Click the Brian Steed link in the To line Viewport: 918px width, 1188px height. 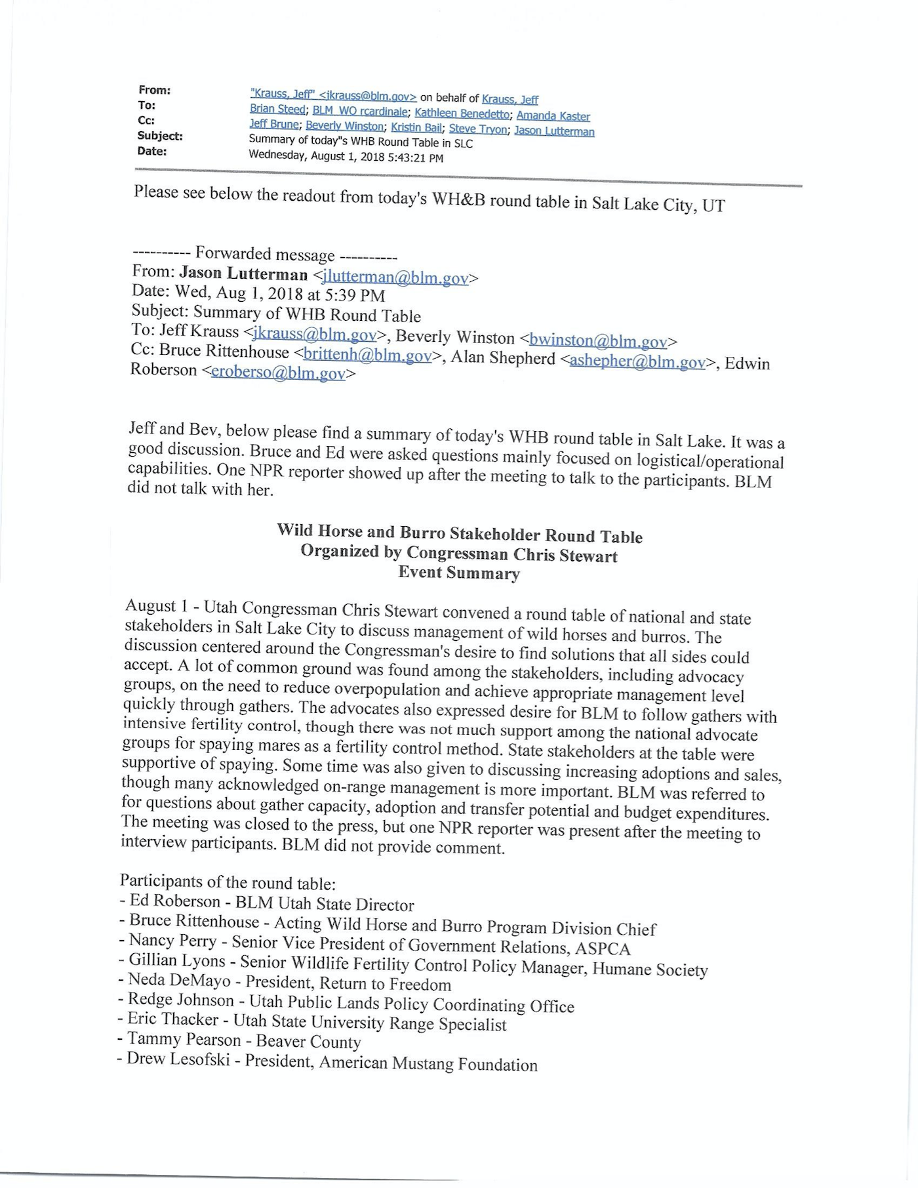pos(277,109)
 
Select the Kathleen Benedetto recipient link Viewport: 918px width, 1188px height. pos(462,113)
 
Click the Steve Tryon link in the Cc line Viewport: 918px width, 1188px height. pos(477,129)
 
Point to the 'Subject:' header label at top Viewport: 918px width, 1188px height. pos(160,136)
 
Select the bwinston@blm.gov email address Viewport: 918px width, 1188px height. pos(598,340)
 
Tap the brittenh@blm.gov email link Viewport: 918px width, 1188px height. pos(367,355)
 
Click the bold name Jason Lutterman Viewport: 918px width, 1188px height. pos(243,274)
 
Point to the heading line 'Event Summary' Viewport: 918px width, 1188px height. pos(459,573)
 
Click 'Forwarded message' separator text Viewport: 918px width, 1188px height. pos(265,254)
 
